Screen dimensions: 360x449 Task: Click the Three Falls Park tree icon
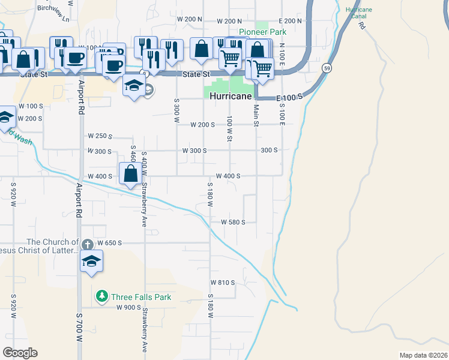pos(102,296)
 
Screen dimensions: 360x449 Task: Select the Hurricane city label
pos(231,95)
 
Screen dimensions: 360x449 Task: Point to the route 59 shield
pos(327,67)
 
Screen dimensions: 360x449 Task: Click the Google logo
pos(20,353)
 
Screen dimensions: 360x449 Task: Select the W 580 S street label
pos(234,222)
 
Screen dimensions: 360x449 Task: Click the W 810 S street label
pos(222,282)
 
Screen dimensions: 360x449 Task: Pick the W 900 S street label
pos(128,307)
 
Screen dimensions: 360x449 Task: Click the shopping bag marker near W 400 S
pos(131,175)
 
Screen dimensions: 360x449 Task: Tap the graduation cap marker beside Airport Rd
pos(91,262)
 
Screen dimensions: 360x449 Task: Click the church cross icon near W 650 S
pos(87,244)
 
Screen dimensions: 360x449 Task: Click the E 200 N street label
pos(290,20)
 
